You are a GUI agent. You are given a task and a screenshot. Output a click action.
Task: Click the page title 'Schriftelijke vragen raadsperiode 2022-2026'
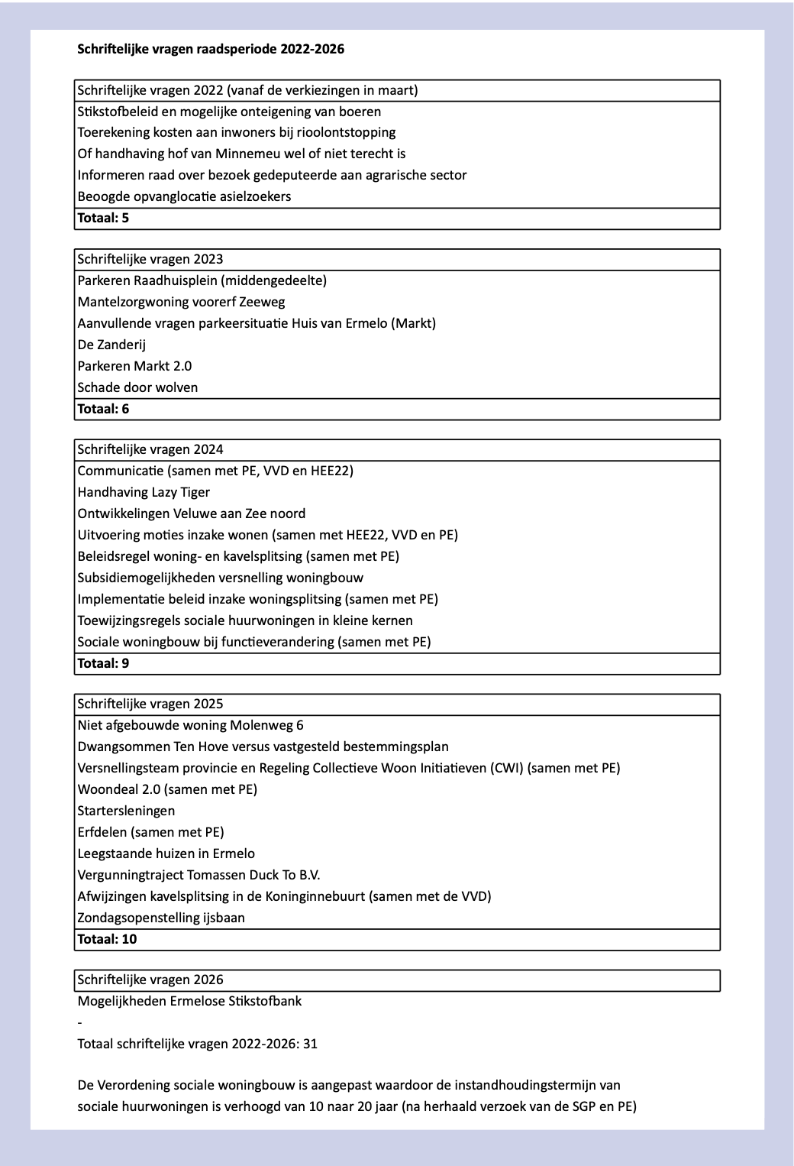[x=211, y=50]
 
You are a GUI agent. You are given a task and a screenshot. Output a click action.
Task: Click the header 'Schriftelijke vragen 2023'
[x=150, y=259]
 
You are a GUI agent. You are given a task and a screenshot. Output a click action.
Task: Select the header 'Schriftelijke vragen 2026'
[x=150, y=980]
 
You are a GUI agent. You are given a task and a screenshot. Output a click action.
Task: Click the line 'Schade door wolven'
[x=137, y=387]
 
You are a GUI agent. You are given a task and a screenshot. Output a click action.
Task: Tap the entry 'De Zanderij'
[x=111, y=345]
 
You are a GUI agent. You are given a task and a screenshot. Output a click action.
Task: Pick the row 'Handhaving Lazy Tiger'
[x=144, y=492]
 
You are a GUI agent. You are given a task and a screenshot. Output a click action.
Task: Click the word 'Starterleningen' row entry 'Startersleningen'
[x=126, y=811]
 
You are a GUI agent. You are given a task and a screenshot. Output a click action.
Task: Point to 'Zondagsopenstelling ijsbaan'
[x=161, y=918]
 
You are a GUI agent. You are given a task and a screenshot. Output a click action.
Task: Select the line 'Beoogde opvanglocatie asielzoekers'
[x=184, y=196]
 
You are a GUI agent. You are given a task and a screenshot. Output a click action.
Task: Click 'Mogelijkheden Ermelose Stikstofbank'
[x=189, y=1001]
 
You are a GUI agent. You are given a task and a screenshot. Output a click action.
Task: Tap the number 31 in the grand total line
[x=310, y=1044]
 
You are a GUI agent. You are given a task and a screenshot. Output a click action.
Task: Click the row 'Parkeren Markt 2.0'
[x=134, y=366]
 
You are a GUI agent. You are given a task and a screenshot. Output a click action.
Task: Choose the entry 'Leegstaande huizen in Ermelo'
[x=166, y=853]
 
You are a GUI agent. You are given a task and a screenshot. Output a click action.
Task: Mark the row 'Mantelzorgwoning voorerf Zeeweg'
[x=181, y=302]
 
